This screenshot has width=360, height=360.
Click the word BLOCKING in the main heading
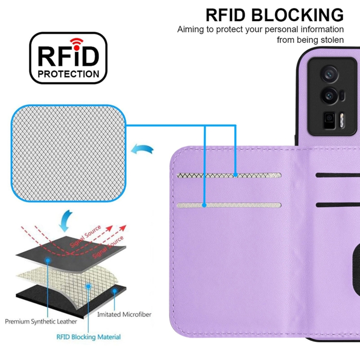tap(297, 15)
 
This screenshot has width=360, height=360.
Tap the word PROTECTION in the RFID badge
tap(69, 74)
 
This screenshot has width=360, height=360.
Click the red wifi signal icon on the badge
tap(76, 44)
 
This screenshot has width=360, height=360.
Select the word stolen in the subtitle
tap(332, 40)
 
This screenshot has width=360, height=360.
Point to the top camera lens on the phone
tap(330, 73)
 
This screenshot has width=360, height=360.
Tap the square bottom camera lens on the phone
tap(329, 120)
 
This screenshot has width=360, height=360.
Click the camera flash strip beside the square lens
tap(342, 120)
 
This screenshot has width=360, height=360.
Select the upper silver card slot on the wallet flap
tap(229, 175)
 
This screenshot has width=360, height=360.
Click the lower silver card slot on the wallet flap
tap(229, 205)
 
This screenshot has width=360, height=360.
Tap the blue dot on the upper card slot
tap(235, 175)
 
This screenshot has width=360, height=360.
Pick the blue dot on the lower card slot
tap(204, 205)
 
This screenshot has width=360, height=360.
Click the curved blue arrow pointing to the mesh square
tap(143, 149)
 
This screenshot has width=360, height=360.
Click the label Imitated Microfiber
tap(124, 314)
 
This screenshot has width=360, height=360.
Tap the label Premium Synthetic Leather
tap(41, 322)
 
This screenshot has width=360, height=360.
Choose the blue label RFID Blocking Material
tap(88, 337)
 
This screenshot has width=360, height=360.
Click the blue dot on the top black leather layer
tap(48, 260)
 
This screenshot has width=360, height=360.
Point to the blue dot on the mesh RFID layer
tap(88, 286)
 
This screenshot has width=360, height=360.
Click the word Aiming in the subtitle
tap(191, 30)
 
